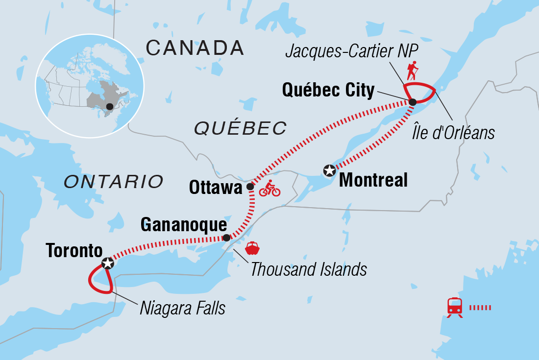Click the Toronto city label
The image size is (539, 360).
point(74,251)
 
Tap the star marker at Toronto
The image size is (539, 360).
point(107,264)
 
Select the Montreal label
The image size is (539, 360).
point(373,180)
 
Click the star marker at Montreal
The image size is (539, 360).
point(329,170)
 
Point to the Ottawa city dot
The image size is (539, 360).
point(250,187)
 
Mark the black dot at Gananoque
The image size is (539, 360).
point(226,238)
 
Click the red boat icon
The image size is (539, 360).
point(252,248)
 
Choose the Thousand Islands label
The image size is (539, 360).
point(309,269)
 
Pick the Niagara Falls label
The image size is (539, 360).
point(183,308)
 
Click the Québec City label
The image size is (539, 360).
point(328,90)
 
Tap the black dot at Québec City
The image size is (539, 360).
point(413,102)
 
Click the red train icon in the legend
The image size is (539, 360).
point(454,308)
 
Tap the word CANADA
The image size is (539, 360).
point(195,48)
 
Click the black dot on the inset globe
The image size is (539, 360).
point(110,106)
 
